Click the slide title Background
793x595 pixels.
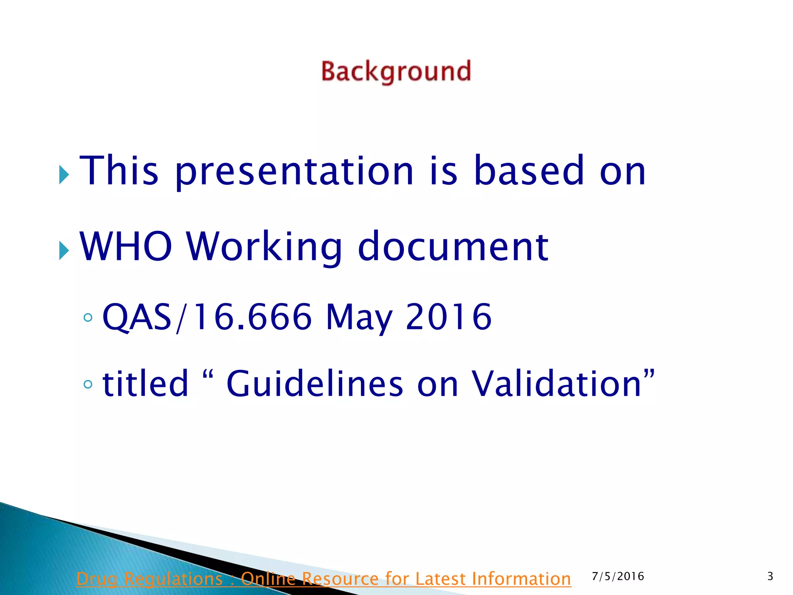tap(396, 72)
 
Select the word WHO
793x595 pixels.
tap(126, 246)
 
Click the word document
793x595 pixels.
tap(453, 246)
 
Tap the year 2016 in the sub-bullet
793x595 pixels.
tap(448, 317)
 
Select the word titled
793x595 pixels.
tap(145, 383)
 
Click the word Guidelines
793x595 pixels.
tap(314, 383)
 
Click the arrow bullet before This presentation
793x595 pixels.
tap(64, 175)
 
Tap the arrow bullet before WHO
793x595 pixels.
tap(64, 251)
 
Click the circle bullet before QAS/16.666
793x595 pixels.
tap(88, 318)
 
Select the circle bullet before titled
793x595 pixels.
tap(88, 384)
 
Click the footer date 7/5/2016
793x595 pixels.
tap(618, 576)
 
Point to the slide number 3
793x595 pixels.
tap(770, 576)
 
